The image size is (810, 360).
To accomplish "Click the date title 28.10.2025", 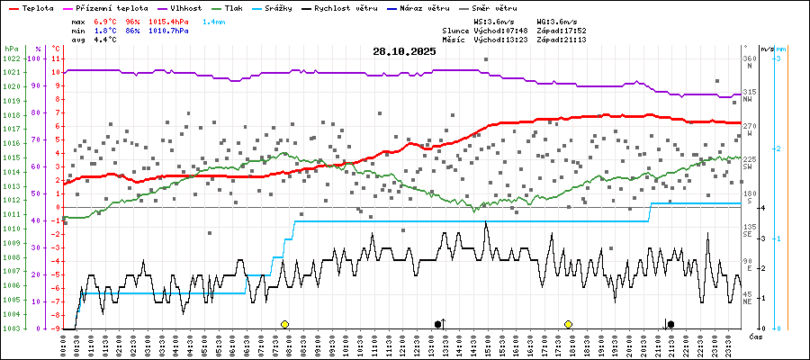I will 404,51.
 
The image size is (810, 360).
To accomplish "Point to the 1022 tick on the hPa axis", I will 11,58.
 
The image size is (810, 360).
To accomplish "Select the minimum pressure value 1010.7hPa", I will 169,30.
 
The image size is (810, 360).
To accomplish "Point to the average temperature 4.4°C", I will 109,40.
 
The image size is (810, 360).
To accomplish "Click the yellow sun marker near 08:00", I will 284,324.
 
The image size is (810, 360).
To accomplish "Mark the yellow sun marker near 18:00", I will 569,324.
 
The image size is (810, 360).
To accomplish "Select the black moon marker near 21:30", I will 670,324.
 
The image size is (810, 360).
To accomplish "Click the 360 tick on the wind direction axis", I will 749,58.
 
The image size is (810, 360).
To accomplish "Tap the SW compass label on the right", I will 748,166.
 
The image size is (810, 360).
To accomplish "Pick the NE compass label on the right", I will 748,301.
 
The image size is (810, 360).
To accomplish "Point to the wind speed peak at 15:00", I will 486,222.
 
